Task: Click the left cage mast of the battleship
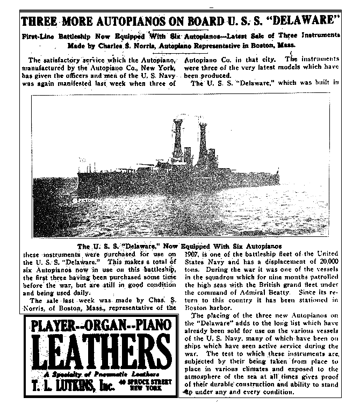[x=177, y=137]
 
